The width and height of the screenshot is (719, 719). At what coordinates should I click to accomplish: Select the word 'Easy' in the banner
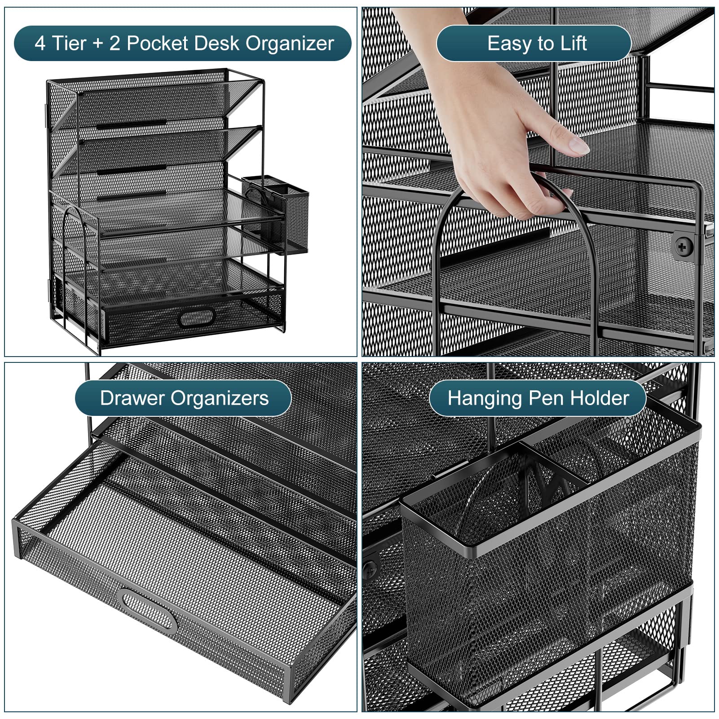[507, 44]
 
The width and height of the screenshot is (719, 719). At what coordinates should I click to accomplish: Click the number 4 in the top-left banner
[40, 44]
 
